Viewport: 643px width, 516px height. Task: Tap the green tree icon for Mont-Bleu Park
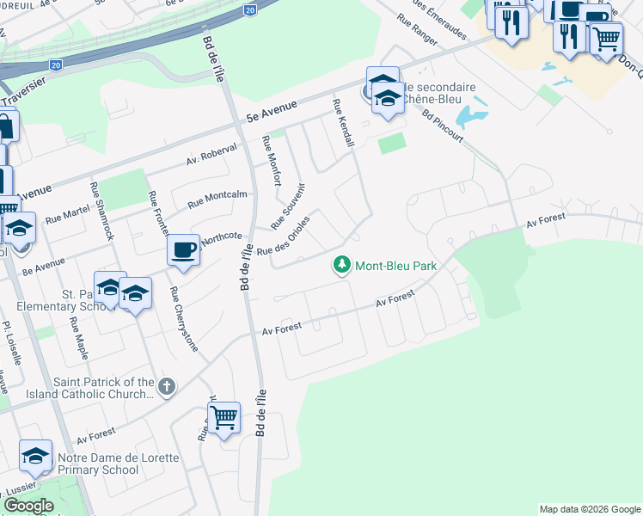click(x=342, y=265)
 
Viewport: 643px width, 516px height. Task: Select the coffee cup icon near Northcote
click(x=183, y=250)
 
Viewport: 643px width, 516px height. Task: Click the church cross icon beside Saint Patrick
click(x=167, y=387)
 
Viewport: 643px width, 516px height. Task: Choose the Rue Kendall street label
click(x=344, y=121)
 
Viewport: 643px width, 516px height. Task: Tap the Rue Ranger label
click(x=418, y=28)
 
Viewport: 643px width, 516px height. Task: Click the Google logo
click(x=28, y=506)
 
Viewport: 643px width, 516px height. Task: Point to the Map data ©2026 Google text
click(x=589, y=509)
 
